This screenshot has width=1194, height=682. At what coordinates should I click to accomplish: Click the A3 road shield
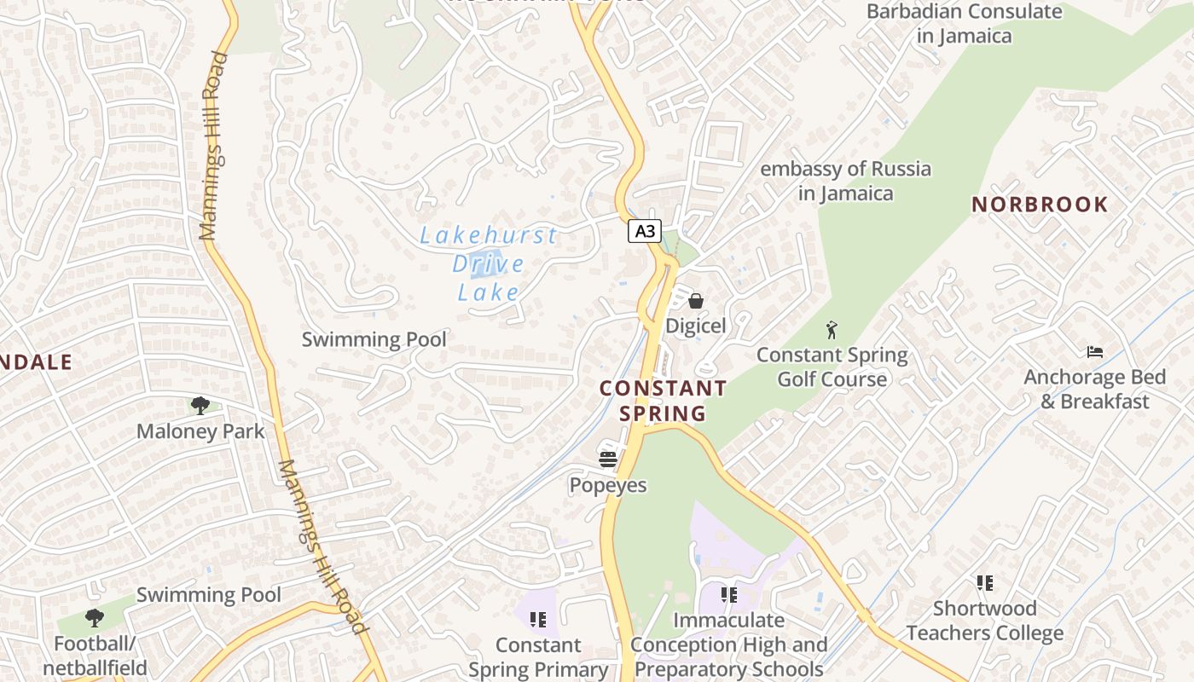645,231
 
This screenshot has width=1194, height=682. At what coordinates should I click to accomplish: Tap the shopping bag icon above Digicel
696,301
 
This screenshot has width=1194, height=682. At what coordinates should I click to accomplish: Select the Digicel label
696,326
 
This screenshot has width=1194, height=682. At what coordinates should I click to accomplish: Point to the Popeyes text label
608,485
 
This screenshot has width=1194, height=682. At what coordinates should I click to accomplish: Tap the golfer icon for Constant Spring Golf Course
832,329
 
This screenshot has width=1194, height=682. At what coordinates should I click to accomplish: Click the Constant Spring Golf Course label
832,367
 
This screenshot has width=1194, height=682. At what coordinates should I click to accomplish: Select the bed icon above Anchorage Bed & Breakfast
1095,351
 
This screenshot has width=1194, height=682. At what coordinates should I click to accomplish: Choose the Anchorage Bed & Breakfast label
1095,389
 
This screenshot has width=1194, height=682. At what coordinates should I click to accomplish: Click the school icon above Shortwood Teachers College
985,583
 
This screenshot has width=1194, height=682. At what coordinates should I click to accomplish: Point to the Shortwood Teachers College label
985,621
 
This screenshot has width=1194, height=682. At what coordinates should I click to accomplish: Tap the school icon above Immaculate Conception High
728,595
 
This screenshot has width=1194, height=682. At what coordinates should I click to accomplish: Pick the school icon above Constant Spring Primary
537,620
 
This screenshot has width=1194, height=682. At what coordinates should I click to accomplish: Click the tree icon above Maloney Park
200,406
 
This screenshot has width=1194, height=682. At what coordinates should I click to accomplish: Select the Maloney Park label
200,431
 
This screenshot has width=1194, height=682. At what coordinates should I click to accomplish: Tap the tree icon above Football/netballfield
95,618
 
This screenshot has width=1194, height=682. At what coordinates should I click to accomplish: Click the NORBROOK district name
1040,205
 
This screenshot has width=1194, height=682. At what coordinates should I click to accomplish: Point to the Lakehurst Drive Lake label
488,263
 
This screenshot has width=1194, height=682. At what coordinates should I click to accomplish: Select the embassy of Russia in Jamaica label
845,181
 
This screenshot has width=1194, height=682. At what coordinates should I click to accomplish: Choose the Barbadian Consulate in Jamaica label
964,23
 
